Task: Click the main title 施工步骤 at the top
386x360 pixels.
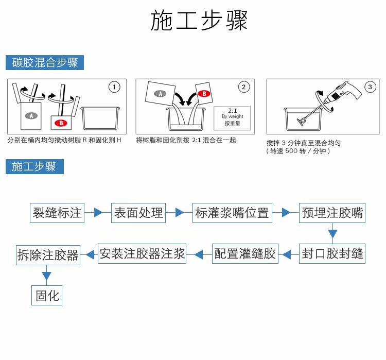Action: (x=199, y=21)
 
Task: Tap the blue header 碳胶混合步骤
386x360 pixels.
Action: (x=45, y=63)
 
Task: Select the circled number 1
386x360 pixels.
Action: (x=114, y=87)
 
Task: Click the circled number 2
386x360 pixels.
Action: (x=244, y=87)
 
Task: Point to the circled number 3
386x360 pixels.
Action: (x=370, y=87)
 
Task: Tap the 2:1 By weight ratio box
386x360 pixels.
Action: (x=232, y=116)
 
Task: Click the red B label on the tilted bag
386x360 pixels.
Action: (x=204, y=94)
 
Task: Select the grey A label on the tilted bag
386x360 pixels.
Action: (x=161, y=94)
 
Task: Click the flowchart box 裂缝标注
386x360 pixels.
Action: (x=57, y=213)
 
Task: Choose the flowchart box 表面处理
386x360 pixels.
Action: (x=138, y=213)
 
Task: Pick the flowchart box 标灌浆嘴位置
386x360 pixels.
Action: (x=232, y=213)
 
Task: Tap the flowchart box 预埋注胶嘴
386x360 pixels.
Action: (x=332, y=213)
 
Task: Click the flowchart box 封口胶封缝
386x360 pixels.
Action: (x=332, y=253)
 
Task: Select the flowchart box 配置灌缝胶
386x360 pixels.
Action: (x=245, y=253)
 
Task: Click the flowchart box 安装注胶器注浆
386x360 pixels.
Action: (x=142, y=253)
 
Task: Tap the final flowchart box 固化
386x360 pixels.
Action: (x=47, y=295)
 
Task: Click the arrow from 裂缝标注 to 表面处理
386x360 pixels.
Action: (x=97, y=212)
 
